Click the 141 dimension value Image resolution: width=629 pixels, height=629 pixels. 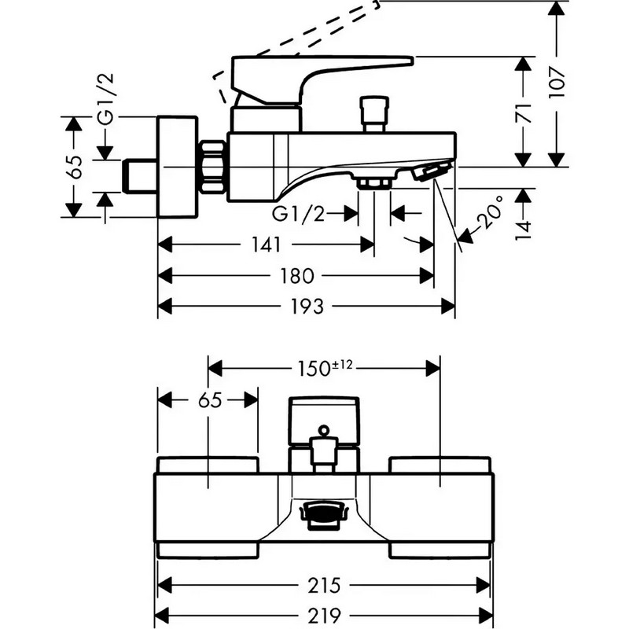(x=266, y=245)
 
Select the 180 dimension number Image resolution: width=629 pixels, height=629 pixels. (x=297, y=276)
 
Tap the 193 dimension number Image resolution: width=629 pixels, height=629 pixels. (x=307, y=307)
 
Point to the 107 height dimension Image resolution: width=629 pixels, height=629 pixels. (x=557, y=83)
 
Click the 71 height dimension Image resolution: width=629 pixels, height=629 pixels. (x=524, y=113)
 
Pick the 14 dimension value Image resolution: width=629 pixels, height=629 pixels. (x=524, y=230)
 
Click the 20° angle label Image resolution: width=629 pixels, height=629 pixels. (x=490, y=212)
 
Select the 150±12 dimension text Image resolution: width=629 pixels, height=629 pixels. (x=325, y=368)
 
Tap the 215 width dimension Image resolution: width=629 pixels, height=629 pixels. (x=324, y=585)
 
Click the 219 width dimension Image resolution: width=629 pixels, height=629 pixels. (x=324, y=615)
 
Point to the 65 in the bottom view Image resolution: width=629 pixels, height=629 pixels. (x=210, y=400)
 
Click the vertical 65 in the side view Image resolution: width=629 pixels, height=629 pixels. (x=74, y=167)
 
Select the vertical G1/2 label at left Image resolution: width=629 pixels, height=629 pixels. (x=106, y=98)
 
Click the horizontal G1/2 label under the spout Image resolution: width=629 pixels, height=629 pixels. (x=298, y=214)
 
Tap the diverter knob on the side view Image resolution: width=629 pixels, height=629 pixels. (x=374, y=114)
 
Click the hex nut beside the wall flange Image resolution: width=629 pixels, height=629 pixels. (x=212, y=167)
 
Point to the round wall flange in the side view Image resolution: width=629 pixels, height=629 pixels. (x=178, y=167)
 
